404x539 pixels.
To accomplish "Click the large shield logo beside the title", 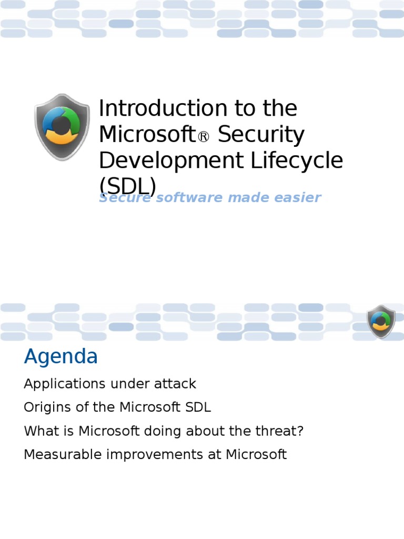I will (62, 127).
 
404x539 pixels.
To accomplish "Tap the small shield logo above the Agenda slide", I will (381, 321).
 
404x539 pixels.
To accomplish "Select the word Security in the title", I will (261, 135).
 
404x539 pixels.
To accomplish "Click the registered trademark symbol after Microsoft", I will (203, 137).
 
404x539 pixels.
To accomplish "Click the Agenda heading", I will (61, 357).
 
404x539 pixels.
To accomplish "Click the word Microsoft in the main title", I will (148, 135).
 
